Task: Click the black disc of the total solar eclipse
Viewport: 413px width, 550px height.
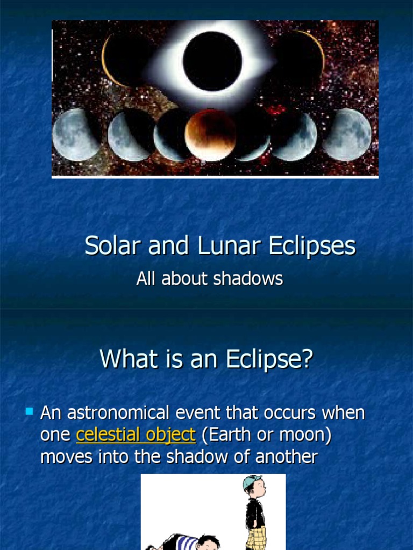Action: click(212, 61)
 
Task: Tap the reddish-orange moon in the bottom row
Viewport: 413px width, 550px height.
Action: click(211, 135)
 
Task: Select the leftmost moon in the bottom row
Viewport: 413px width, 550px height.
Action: click(76, 134)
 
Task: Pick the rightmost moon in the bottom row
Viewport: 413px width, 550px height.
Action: click(347, 134)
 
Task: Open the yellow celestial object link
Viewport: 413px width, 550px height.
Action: click(136, 435)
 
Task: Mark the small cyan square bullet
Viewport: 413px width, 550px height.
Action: click(30, 412)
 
